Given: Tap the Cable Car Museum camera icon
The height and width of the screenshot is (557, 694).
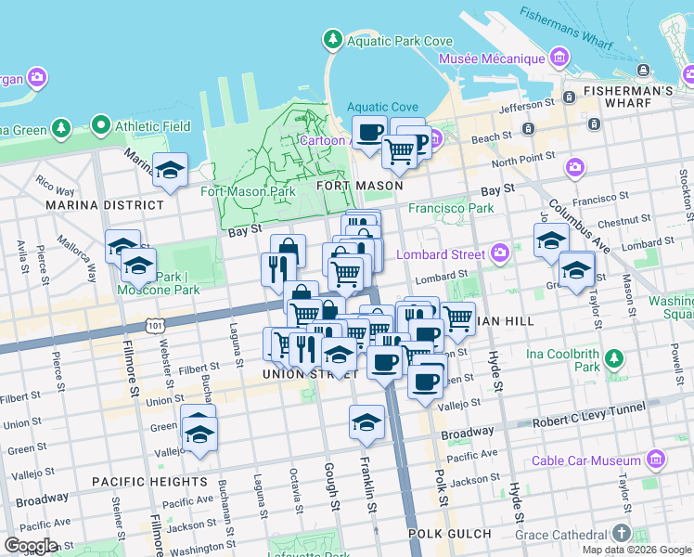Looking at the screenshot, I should tap(657, 460).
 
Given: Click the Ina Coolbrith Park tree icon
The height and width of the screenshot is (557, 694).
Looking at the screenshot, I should tap(613, 358).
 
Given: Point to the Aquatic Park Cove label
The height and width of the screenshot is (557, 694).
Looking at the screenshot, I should tap(399, 40).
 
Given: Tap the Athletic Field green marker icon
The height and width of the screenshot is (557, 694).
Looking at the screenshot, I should tap(99, 125).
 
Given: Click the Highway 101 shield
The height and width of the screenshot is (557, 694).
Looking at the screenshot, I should tap(155, 325).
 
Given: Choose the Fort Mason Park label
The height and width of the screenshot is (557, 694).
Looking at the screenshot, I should tap(248, 192).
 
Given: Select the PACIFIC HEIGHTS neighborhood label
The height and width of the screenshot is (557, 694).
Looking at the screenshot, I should tap(149, 482).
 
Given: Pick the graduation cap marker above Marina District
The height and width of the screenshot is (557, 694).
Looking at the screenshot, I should tap(171, 170).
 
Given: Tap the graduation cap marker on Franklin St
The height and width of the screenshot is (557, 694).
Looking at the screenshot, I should tap(366, 422).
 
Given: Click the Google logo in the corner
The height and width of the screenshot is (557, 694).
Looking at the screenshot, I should tap(31, 546).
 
